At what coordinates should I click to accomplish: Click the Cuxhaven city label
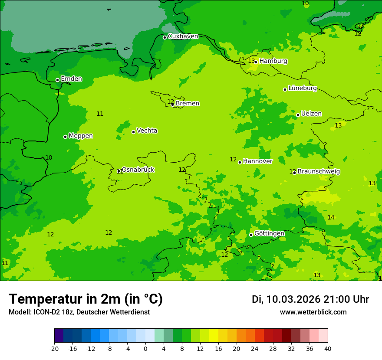[183, 36]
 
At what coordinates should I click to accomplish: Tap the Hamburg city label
[273, 61]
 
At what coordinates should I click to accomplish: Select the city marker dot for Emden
[57, 80]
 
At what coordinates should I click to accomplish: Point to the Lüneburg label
[302, 88]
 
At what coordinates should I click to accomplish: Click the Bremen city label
[187, 104]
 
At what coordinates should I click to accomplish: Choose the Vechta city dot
[133, 132]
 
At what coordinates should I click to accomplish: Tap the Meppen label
[80, 136]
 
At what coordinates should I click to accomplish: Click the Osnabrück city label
[138, 170]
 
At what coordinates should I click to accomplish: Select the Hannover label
[257, 161]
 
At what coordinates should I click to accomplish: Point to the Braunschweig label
[319, 172]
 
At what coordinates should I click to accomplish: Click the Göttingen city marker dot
[251, 235]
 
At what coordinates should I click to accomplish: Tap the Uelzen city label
[311, 114]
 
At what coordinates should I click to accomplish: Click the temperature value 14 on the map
[331, 217]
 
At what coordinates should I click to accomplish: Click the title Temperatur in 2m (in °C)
[86, 299]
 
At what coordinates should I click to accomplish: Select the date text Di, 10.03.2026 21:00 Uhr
[310, 299]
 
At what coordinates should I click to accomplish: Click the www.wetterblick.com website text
[313, 312]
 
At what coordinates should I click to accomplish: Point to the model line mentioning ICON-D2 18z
[79, 312]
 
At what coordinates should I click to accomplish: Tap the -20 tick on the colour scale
[54, 349]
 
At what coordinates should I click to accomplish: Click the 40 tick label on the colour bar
[328, 349]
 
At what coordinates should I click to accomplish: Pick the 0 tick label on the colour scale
[145, 349]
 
